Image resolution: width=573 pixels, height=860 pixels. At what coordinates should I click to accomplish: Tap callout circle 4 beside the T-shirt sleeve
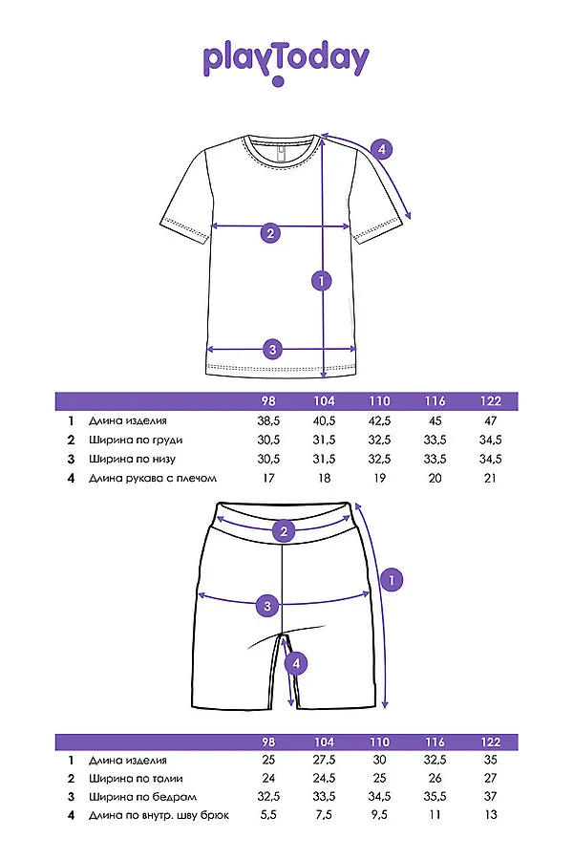[x=381, y=149]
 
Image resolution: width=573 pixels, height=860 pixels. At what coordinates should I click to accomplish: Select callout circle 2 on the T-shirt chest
[x=270, y=232]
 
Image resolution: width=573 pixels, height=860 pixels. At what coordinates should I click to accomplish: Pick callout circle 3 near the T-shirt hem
[x=272, y=349]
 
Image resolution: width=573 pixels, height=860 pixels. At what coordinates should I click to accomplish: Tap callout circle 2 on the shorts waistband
[x=282, y=532]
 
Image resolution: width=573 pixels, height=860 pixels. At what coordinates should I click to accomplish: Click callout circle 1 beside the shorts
[x=390, y=578]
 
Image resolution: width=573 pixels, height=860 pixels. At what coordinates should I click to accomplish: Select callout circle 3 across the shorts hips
[x=268, y=604]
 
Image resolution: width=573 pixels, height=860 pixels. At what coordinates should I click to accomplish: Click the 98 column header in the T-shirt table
[x=267, y=401]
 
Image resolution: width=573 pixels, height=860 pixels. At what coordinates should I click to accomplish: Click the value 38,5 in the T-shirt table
[x=267, y=420]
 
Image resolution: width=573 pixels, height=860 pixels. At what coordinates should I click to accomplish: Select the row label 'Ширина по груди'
[x=136, y=440]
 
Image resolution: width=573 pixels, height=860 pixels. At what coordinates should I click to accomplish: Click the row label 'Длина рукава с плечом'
[x=153, y=478]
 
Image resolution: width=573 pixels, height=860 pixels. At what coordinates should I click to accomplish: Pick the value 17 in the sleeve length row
[x=267, y=478]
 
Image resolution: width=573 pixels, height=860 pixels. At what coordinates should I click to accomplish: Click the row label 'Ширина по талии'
[x=135, y=779]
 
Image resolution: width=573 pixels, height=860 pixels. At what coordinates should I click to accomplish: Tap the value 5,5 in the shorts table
[x=267, y=815]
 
